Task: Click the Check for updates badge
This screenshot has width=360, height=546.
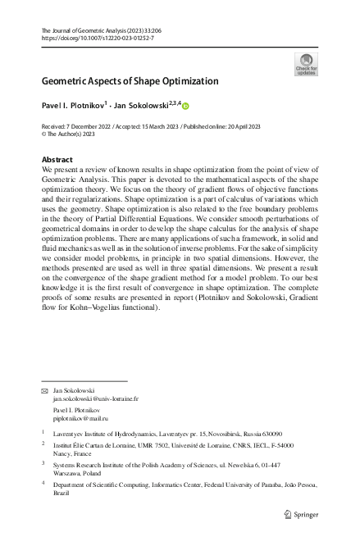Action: (305, 64)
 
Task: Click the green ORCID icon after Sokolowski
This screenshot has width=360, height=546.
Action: (185, 106)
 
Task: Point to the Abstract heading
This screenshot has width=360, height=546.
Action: (57, 159)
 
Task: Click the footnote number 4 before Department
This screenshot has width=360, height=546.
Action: (43, 484)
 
